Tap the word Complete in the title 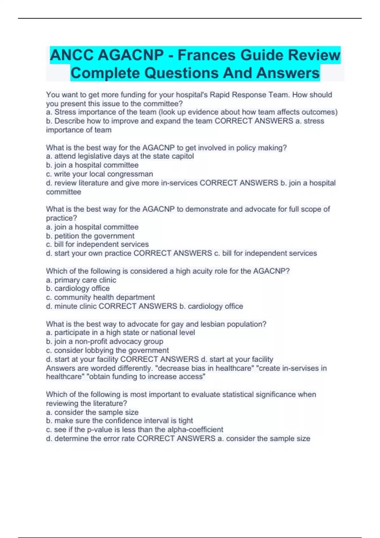point(105,73)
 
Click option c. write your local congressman point(99,174)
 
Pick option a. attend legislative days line point(120,156)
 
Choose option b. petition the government point(90,236)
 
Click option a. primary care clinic point(81,280)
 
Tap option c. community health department point(100,297)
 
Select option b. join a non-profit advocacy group point(104,341)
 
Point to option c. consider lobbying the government point(107,350)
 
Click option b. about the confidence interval point(119,421)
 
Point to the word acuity point(201,271)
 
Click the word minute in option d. point(66,306)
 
